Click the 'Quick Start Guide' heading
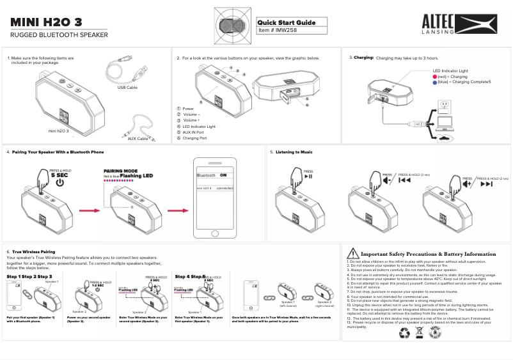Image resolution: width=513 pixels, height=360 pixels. tap(287, 22)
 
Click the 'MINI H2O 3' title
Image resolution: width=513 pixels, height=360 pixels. tap(46, 22)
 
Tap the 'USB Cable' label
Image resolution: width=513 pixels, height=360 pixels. tap(127, 87)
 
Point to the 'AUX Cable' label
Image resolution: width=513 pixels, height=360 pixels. tap(138, 138)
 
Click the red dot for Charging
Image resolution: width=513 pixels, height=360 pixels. tap(435, 77)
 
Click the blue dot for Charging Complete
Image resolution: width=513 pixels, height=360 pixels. tap(435, 82)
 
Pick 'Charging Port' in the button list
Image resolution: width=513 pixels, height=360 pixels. tap(194, 138)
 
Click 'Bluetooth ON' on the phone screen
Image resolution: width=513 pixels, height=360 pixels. tap(211, 175)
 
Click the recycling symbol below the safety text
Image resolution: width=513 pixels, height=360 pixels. tap(403, 333)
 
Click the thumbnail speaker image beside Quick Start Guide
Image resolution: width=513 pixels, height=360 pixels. tap(230, 25)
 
